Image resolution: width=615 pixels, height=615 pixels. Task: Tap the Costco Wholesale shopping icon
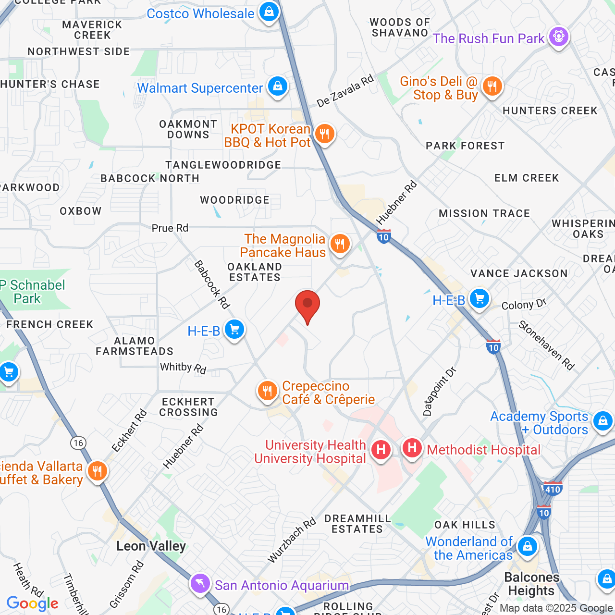[x=269, y=12]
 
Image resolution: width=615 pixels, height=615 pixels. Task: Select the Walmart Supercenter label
[x=200, y=88]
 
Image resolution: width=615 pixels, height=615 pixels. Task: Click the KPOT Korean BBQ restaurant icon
[x=325, y=134]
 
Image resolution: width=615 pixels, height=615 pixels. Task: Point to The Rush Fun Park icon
[x=558, y=37]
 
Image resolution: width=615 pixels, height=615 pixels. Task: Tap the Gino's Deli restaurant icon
[x=492, y=87]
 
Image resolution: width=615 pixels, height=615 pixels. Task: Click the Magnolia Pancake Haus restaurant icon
[x=340, y=244]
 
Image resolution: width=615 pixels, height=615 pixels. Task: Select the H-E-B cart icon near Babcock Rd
[x=234, y=330]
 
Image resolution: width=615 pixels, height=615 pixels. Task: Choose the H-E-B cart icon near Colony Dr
[x=479, y=299]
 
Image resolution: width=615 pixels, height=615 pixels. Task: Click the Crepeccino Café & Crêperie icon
[x=267, y=392]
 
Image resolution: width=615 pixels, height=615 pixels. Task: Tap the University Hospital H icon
[x=381, y=450]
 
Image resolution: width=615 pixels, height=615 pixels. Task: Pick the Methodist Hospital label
[x=483, y=450]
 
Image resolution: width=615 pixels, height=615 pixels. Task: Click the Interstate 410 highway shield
[x=553, y=490]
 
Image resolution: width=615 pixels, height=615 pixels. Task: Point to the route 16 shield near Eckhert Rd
[x=78, y=443]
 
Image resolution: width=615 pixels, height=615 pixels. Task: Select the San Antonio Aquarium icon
[x=200, y=584]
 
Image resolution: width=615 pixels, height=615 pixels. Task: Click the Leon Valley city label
[x=151, y=546]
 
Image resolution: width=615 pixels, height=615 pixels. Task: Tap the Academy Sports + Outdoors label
[x=539, y=423]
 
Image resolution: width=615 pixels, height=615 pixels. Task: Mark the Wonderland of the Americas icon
[x=528, y=546]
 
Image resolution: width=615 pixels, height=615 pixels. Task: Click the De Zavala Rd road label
[x=344, y=91]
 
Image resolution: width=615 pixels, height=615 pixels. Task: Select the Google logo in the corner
[x=32, y=603]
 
